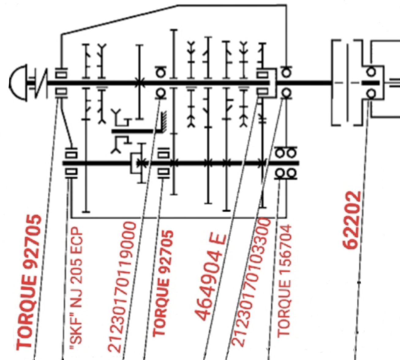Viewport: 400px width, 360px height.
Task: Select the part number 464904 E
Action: (x=211, y=277)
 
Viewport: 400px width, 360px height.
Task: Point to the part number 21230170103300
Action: (x=251, y=282)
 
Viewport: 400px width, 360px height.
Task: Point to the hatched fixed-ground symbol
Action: (x=163, y=121)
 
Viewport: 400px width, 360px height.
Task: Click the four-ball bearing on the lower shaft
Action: (x=286, y=163)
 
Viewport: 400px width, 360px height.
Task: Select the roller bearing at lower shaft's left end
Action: (x=71, y=163)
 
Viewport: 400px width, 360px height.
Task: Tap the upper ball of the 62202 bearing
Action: (x=371, y=72)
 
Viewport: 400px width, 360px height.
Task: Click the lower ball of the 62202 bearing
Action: (x=371, y=93)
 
